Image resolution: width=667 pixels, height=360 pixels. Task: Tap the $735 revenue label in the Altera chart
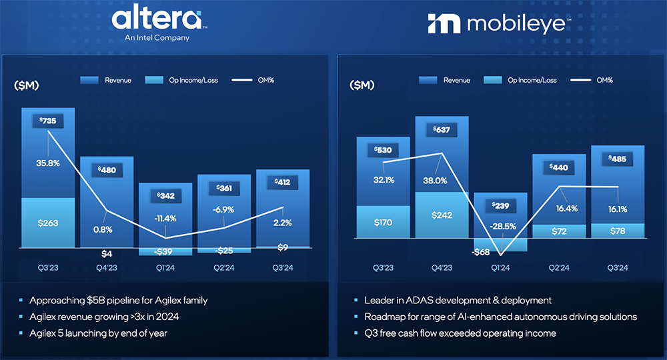48,121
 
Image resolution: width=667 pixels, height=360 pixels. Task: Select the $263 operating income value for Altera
48,223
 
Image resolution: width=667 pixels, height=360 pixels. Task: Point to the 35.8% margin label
48,162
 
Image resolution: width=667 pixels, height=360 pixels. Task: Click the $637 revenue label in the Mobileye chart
442,129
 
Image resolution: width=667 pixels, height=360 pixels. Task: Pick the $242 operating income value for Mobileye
442,215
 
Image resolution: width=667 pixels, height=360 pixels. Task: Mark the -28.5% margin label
500,226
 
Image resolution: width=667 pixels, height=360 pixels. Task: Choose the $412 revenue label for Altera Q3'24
283,182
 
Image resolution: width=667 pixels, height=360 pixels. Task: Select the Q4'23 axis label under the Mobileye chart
442,268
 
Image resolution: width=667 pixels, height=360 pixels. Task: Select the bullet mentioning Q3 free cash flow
453,333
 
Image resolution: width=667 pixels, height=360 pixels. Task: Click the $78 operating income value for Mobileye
618,231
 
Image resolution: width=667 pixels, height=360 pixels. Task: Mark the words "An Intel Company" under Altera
157,38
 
